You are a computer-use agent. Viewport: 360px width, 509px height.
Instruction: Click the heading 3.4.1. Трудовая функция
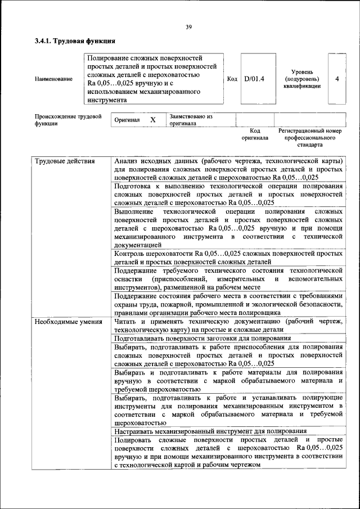click(x=75, y=41)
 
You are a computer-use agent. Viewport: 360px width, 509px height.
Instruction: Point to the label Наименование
click(x=53, y=79)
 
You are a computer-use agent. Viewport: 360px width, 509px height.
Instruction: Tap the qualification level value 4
click(x=337, y=79)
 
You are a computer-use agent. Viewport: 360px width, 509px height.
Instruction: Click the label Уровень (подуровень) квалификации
click(x=302, y=79)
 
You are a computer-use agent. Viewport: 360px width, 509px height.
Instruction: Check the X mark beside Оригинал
click(x=152, y=120)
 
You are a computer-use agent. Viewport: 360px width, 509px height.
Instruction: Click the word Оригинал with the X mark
click(x=127, y=120)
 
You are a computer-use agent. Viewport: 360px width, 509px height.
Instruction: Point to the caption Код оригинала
click(x=255, y=134)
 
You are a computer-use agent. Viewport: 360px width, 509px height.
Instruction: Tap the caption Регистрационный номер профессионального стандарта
click(x=309, y=137)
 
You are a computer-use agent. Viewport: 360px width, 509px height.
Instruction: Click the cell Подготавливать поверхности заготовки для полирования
click(x=202, y=339)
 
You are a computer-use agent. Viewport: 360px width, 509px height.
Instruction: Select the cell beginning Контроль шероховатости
click(x=228, y=258)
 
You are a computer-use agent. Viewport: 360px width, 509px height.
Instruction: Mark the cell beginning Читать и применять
click(x=228, y=326)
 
